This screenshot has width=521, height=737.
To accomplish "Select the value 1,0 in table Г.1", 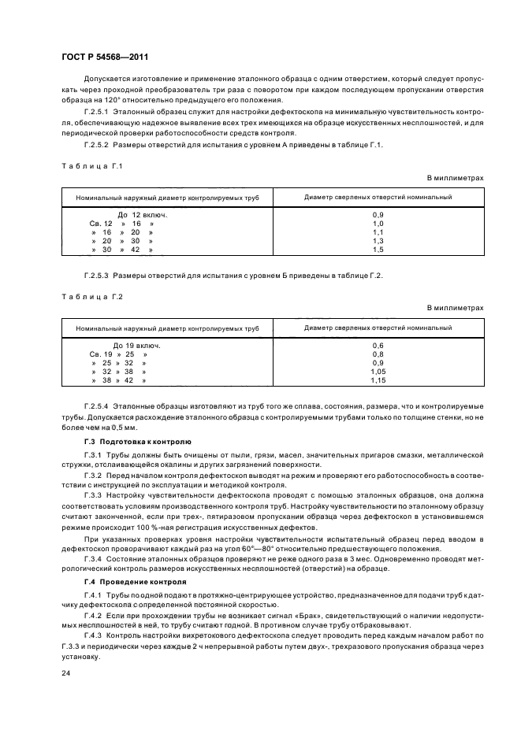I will point(377,224).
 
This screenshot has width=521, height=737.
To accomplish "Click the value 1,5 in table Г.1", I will point(377,250).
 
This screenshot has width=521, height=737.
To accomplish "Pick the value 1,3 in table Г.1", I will point(377,241).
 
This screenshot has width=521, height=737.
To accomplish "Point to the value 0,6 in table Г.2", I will point(377,346).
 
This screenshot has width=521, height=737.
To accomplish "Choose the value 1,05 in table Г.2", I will point(377,372).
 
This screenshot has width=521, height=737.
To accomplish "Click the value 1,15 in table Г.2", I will point(377,380).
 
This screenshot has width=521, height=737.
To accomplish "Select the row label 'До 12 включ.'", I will point(142,215).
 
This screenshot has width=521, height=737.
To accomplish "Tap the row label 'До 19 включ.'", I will point(137,346).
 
